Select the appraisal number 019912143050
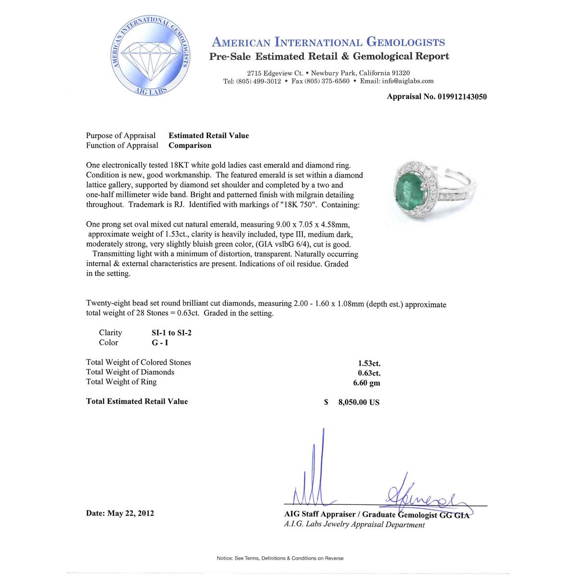coord(462,96)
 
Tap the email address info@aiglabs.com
coord(408,81)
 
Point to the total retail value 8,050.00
coord(359,402)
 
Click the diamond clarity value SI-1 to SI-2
coord(171,333)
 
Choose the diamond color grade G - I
coord(160,343)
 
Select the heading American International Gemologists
coord(328,42)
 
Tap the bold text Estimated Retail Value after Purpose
coord(208,136)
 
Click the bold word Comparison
coord(190,145)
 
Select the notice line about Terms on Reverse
coord(280,558)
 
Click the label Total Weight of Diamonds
coord(130,372)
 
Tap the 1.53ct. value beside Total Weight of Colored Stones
coord(369,363)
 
